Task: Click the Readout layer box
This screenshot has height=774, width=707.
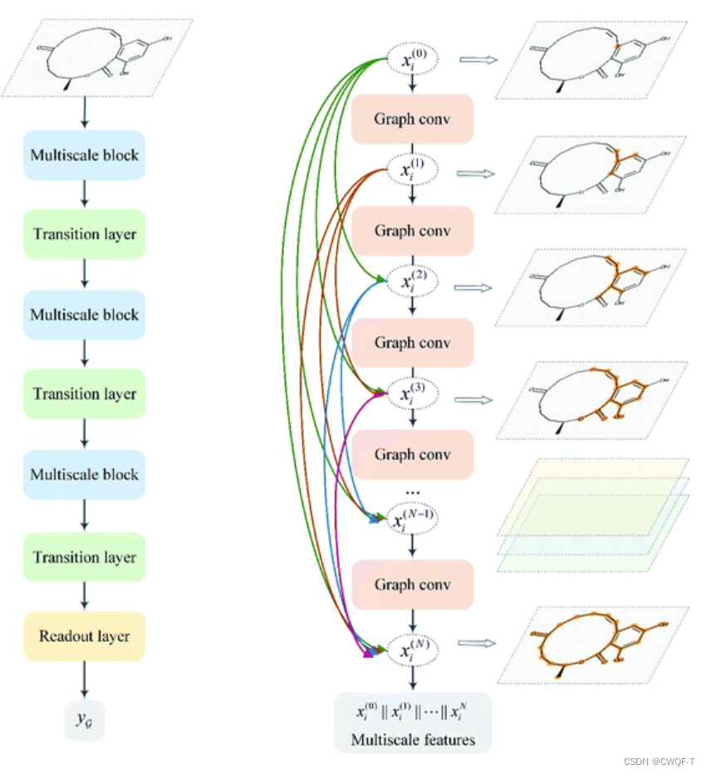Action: (x=85, y=637)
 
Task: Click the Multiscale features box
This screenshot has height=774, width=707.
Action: (x=413, y=722)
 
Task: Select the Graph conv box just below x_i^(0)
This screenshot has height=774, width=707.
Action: (x=412, y=118)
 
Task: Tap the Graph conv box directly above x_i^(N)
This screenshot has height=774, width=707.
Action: (x=412, y=585)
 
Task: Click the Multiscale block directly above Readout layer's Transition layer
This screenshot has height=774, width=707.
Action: (x=85, y=474)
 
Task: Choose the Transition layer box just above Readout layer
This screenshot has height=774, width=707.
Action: (x=85, y=557)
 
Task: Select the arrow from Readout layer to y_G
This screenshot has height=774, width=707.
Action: (x=84, y=681)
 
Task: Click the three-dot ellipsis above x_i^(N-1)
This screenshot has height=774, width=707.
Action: (x=413, y=492)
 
